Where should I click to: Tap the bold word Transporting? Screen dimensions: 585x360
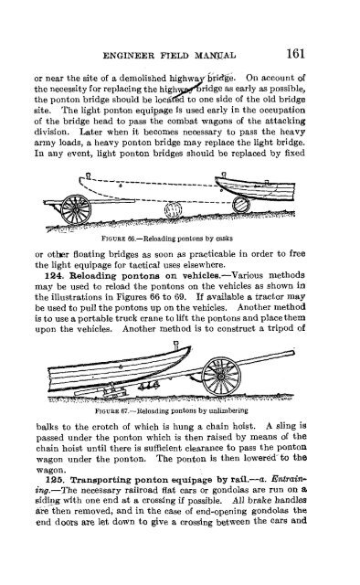tap(105, 530)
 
